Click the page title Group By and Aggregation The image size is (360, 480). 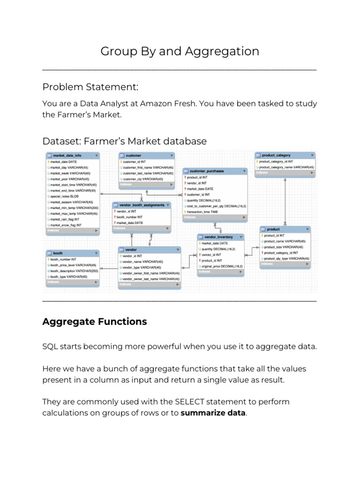180,52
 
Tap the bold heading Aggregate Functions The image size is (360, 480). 94,322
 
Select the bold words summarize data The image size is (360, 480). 213,413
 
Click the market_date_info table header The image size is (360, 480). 68,155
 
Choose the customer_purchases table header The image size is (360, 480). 206,171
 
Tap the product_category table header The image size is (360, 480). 277,155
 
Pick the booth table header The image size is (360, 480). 59,253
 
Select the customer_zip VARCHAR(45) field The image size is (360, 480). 143,179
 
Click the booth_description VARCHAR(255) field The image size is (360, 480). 74,271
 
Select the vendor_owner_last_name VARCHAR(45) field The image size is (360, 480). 150,279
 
